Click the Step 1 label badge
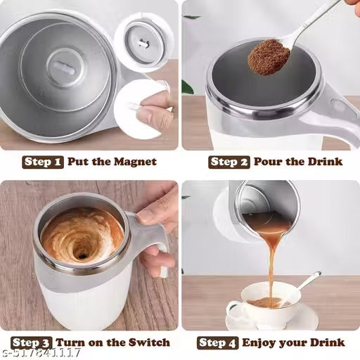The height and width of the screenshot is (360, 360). tap(43, 162)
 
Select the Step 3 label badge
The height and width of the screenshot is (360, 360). tap(31, 342)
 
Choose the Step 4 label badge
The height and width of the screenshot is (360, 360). tap(218, 342)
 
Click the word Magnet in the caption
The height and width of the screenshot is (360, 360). tap(134, 162)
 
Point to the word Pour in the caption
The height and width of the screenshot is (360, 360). tap(268, 162)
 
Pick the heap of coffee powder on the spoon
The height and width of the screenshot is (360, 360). tap(269, 57)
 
